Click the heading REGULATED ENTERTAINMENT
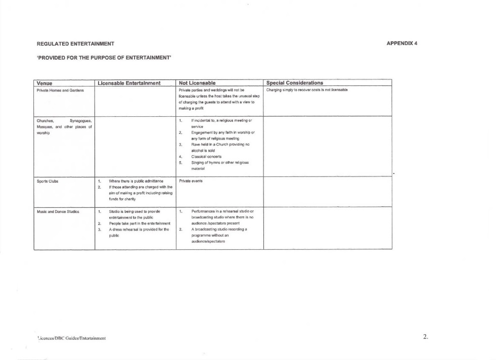[75, 43]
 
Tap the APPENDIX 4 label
[401, 43]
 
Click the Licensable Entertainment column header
[129, 83]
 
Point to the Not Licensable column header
[197, 83]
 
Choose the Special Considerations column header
[295, 83]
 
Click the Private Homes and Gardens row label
[60, 90]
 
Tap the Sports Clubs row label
[48, 181]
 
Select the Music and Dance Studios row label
[58, 211]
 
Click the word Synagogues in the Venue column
[80, 121]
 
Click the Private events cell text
[191, 181]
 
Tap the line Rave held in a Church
[219, 144]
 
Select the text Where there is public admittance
[136, 181]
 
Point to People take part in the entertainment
[140, 223]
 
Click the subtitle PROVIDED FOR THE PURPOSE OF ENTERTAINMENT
[104, 58]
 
